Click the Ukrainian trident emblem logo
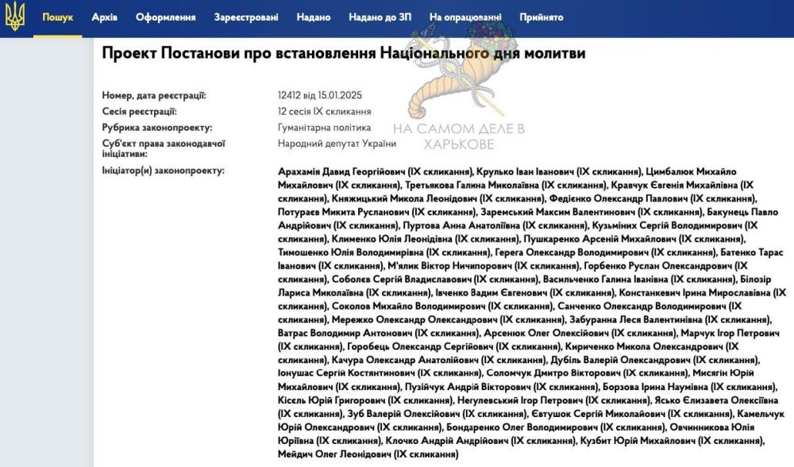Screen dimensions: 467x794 [15, 17]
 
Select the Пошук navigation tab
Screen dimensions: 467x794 [57, 17]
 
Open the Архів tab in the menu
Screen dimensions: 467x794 [104, 17]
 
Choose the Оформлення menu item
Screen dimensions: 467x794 [165, 17]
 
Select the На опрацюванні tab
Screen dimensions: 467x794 [464, 17]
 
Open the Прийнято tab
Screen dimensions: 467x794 [541, 17]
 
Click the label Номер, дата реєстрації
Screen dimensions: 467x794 [154, 96]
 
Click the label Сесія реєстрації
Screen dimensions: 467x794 [140, 112]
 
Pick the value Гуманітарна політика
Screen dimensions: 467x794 [324, 127]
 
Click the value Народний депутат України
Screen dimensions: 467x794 [337, 143]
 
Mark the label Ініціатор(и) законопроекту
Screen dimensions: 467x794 [164, 170]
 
